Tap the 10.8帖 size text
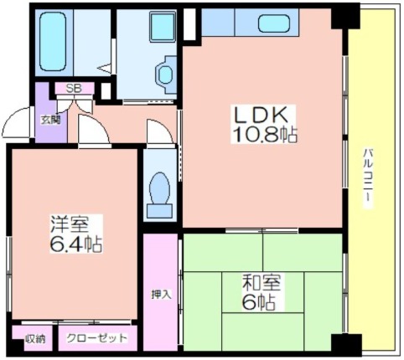point(264,135)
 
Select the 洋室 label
point(70,224)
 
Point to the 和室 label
point(262,283)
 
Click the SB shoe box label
point(74,88)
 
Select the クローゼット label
point(96,338)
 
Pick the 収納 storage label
point(35,339)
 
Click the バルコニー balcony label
point(368,178)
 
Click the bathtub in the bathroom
point(53,43)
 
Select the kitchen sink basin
point(274,23)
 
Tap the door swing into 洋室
point(94,129)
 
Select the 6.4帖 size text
point(75,244)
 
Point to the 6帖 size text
point(259,302)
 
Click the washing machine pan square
point(163,27)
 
